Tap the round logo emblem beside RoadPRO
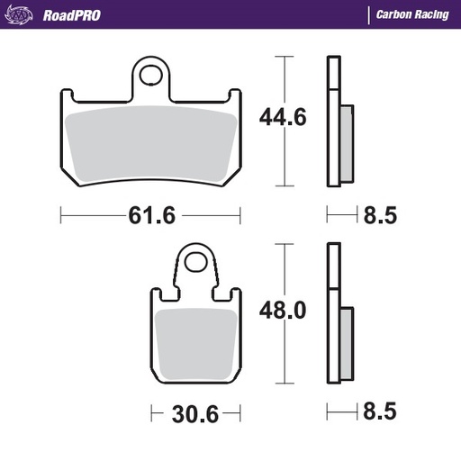(x=23, y=15)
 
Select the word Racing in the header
(x=433, y=15)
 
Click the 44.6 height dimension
(x=284, y=117)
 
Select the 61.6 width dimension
(x=150, y=216)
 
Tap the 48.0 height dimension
(x=284, y=311)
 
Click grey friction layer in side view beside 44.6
(x=347, y=144)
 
